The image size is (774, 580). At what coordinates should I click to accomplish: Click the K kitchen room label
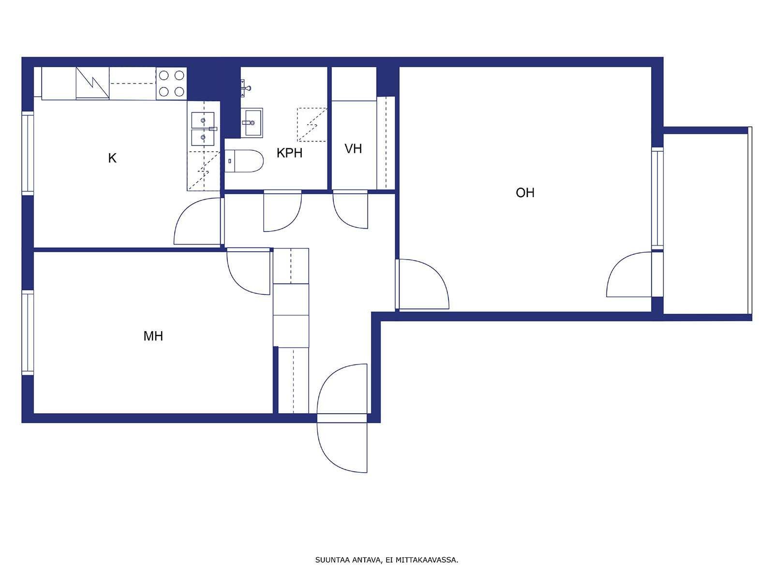[112, 159]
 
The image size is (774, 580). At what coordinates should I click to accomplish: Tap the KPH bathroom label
[289, 153]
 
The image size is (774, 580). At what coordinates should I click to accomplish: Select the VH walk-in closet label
[353, 149]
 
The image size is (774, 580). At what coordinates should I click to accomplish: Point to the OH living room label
[525, 193]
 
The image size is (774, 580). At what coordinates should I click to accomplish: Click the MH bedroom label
[153, 336]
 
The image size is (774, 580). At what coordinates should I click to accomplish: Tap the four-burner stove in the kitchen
[171, 84]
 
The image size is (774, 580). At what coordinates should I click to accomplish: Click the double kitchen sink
[203, 129]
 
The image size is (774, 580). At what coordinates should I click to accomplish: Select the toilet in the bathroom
[244, 161]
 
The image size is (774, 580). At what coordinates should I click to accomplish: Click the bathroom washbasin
[252, 123]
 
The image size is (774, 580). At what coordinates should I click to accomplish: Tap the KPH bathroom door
[283, 211]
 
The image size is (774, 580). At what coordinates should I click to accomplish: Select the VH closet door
[351, 210]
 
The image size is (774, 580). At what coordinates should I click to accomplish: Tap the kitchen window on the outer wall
[28, 153]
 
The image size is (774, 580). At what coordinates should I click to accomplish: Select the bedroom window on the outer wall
[28, 332]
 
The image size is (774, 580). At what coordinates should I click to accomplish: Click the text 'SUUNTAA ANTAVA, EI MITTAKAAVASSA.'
[387, 560]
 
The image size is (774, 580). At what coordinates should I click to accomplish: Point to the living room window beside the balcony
[657, 198]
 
